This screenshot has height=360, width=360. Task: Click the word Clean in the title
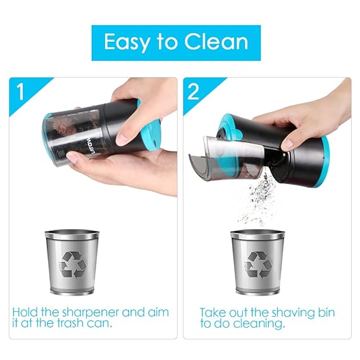click(216, 42)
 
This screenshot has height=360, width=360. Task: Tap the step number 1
click(21, 91)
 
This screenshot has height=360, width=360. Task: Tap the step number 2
click(193, 91)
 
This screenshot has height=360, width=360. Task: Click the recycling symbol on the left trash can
click(73, 264)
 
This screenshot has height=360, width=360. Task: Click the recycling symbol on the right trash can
click(258, 264)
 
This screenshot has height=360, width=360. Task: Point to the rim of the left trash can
click(72, 234)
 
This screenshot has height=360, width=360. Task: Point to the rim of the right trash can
click(258, 234)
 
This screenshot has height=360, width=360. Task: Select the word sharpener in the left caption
click(91, 313)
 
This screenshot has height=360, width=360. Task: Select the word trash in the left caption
click(70, 323)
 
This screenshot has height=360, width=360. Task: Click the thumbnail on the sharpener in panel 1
click(125, 138)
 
